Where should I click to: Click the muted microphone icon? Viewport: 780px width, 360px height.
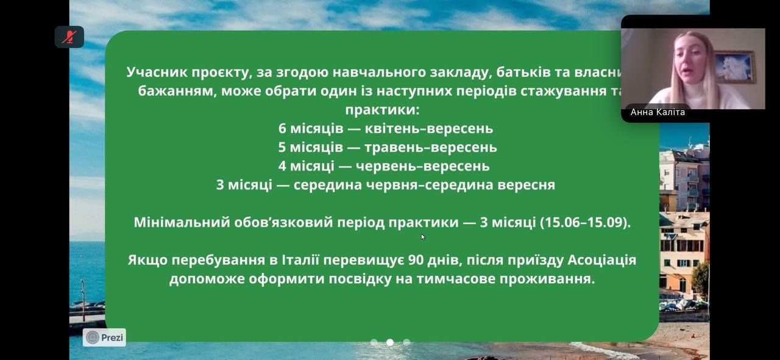click(69, 37)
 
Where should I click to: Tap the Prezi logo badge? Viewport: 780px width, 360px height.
click(104, 337)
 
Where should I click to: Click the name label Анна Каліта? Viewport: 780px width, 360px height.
click(658, 112)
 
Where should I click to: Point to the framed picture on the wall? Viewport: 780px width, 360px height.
click(735, 66)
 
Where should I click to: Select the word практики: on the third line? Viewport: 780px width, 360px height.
click(382, 110)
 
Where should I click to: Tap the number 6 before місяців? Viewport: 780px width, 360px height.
click(282, 129)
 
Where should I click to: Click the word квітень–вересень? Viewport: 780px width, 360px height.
click(428, 129)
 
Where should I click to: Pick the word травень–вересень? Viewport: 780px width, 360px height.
click(431, 147)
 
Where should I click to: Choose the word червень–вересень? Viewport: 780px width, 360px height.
click(423, 166)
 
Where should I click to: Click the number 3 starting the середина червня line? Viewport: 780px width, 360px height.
click(220, 185)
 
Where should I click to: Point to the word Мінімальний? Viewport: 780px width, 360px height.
click(182, 222)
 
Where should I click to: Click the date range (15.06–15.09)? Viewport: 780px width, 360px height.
click(585, 222)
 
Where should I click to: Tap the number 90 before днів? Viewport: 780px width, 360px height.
click(416, 260)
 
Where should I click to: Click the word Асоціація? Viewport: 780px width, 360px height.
click(602, 260)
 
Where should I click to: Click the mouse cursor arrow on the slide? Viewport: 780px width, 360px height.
click(423, 237)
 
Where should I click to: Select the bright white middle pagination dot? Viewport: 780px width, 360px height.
click(390, 342)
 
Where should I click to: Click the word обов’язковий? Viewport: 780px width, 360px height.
click(283, 222)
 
